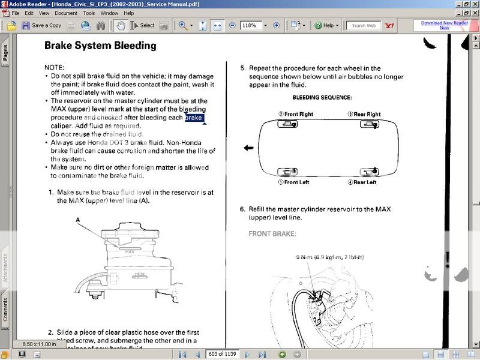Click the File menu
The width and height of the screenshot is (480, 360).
pos(15,13)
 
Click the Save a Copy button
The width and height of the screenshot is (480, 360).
pos(41,25)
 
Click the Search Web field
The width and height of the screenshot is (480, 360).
pos(364,26)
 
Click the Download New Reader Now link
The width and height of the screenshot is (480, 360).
pos(444,25)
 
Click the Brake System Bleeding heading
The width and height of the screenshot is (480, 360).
pos(100,46)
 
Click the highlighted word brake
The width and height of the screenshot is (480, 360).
pos(194,118)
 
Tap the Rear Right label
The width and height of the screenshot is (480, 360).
pos(364,114)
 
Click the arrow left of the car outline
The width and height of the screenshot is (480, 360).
pos(248,148)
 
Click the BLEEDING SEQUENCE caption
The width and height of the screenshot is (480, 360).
pos(322,97)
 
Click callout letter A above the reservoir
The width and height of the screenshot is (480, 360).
pos(78,220)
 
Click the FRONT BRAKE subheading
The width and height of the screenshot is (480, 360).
pos(272,234)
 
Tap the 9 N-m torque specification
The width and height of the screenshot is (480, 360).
pos(329,257)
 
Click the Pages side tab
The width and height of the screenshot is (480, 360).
pos(6,54)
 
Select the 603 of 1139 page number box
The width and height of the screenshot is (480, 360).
pos(222,354)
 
